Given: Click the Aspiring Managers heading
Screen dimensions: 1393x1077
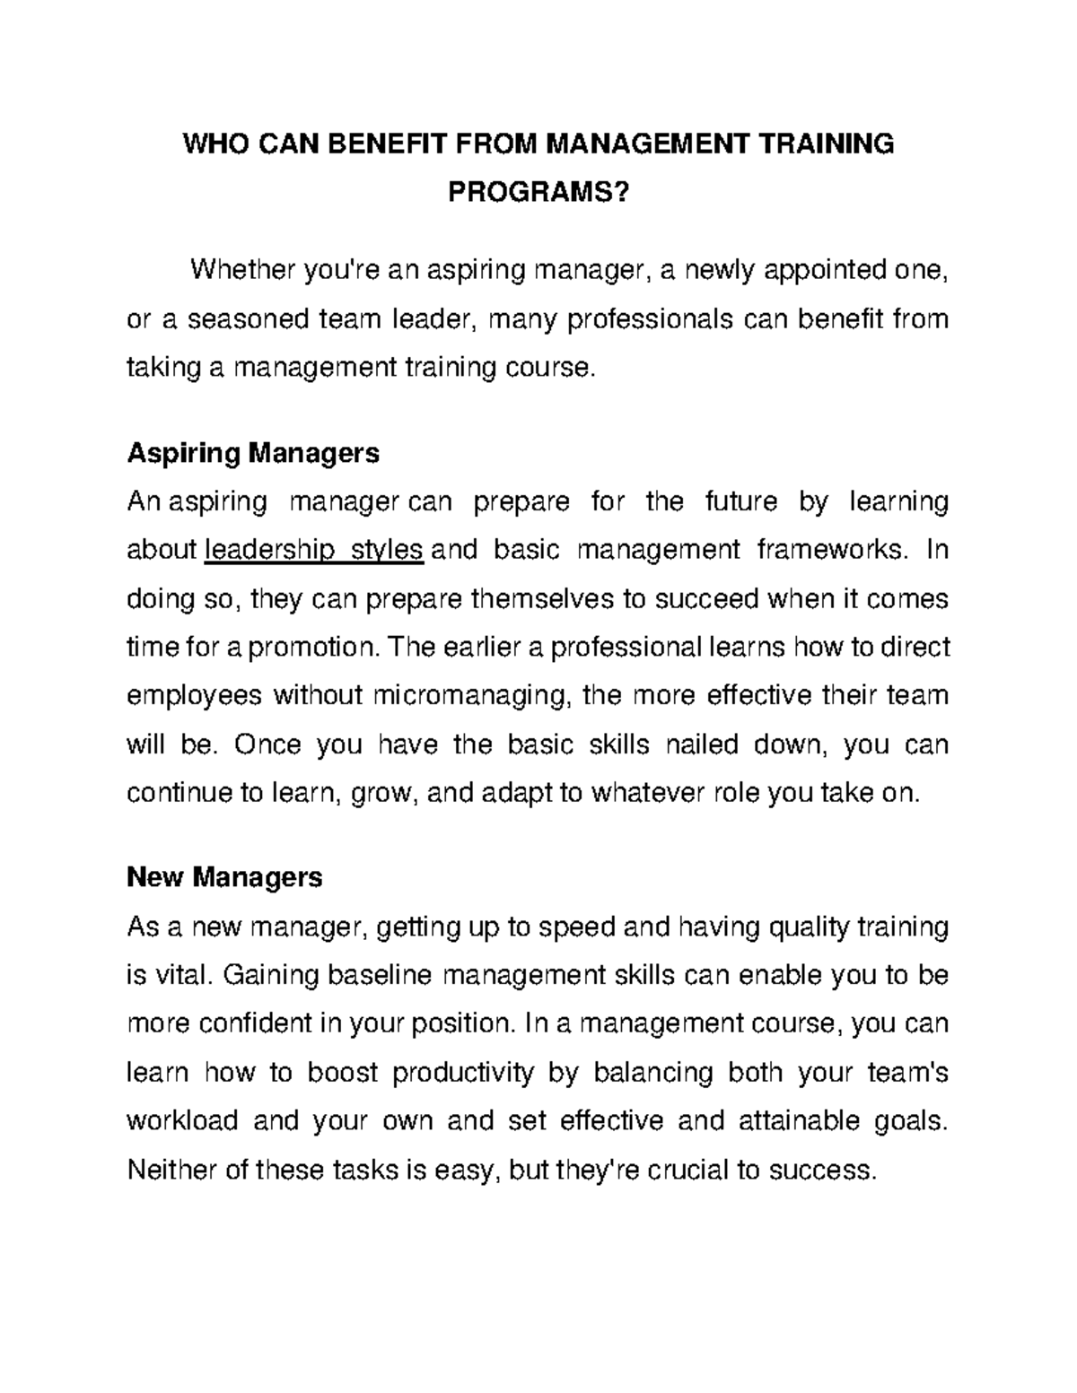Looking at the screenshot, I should coord(253,453).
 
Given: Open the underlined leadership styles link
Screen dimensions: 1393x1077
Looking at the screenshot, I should coord(314,549).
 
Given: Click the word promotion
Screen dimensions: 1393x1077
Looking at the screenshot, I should coord(310,647).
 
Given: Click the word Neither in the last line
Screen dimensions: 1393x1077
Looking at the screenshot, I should coord(171,1171).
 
